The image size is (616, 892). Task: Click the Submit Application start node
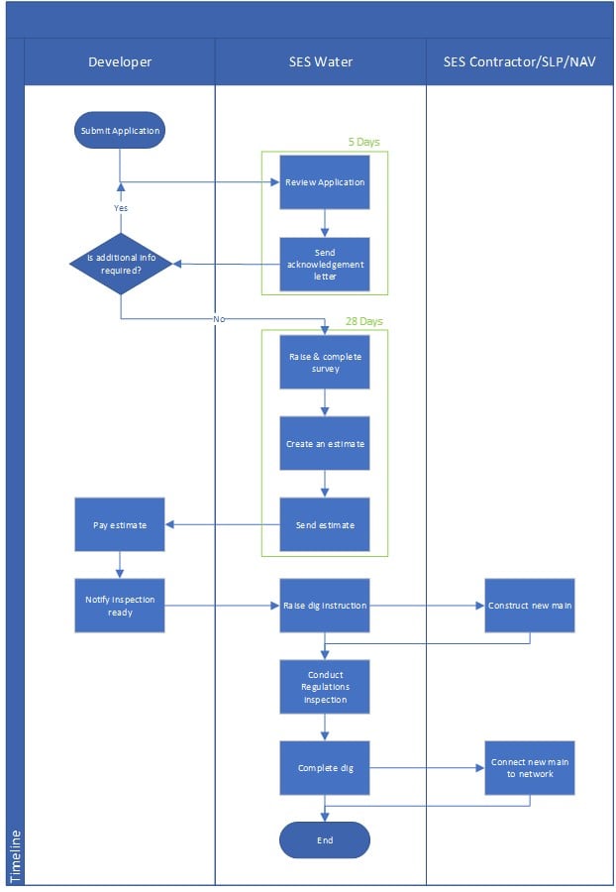(x=120, y=130)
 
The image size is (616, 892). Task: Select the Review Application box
(x=325, y=182)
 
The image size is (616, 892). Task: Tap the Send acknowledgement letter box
(x=325, y=265)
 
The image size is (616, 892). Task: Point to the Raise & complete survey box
(x=325, y=362)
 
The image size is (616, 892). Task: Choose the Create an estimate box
(x=325, y=443)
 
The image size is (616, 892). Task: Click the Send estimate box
(x=325, y=524)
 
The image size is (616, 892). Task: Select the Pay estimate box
(x=120, y=524)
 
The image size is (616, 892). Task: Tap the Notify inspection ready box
(x=120, y=606)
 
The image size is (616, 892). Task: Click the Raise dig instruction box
(x=325, y=606)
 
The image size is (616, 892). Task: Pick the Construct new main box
(x=530, y=606)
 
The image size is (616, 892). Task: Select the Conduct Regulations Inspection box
(x=325, y=687)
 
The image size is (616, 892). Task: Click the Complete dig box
(x=325, y=767)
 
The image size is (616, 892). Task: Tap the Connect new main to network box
(x=530, y=767)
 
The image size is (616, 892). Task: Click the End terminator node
(x=325, y=840)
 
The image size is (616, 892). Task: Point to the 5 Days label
(x=362, y=143)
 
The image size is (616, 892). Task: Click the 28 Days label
(x=364, y=322)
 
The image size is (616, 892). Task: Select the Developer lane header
(x=120, y=61)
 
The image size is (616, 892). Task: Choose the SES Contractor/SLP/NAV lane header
(x=520, y=61)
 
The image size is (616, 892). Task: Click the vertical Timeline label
(x=15, y=856)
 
